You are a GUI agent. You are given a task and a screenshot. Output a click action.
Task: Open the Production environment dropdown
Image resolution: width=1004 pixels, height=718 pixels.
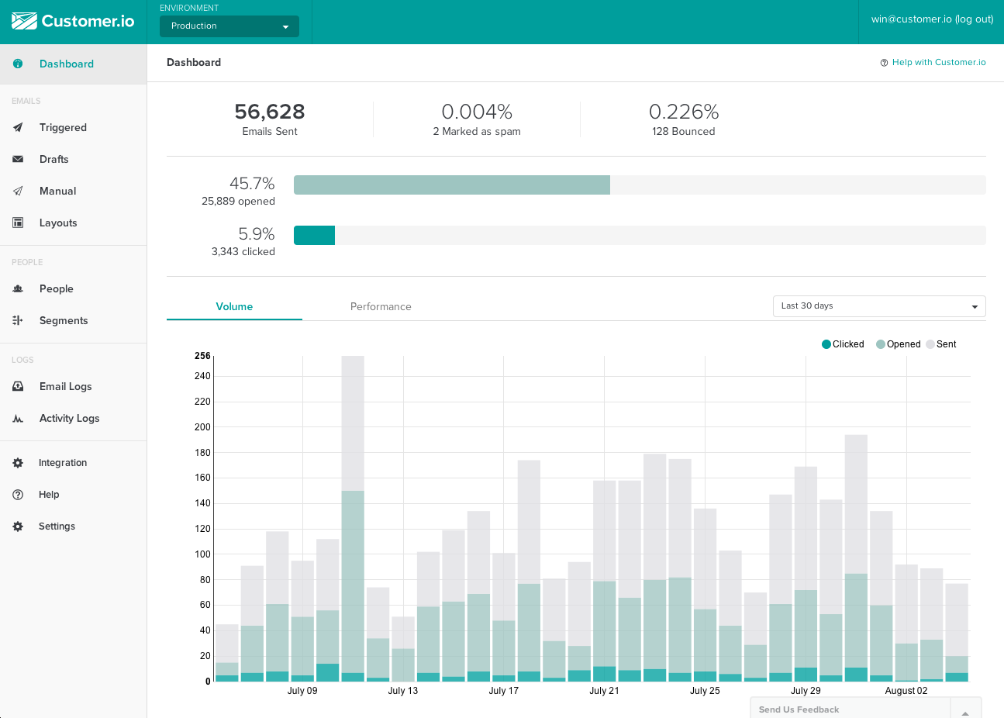tap(229, 26)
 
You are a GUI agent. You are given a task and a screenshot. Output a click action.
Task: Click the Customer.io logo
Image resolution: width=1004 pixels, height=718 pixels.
tap(73, 21)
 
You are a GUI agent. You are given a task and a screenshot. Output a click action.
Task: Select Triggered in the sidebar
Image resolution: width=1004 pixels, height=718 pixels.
tap(63, 128)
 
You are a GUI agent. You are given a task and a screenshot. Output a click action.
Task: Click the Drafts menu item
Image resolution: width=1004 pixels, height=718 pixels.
tap(53, 160)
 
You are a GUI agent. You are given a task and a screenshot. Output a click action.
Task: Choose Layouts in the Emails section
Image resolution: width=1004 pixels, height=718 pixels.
tap(58, 223)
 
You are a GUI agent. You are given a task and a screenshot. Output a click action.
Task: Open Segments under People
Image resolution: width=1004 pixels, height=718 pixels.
tap(63, 321)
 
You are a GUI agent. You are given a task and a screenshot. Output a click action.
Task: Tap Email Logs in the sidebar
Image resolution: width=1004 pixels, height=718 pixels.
tap(65, 387)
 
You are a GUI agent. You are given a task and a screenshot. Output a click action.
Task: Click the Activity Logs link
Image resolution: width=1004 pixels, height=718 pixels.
tap(69, 419)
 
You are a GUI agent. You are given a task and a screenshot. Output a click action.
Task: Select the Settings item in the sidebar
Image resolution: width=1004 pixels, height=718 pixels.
tap(57, 526)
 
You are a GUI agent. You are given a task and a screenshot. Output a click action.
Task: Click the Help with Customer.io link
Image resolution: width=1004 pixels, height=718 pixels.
tap(938, 63)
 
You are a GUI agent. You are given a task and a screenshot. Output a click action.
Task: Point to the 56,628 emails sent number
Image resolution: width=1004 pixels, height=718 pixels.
tap(269, 112)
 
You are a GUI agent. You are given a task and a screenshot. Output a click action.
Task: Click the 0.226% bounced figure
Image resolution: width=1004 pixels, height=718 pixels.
tap(683, 112)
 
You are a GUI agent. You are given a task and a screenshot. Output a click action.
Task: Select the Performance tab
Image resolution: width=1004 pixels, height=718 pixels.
tap(381, 307)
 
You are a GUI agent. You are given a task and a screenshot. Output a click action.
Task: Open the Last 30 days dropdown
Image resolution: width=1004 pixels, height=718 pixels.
tap(878, 306)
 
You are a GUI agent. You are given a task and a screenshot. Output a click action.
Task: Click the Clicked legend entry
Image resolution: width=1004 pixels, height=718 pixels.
tap(843, 344)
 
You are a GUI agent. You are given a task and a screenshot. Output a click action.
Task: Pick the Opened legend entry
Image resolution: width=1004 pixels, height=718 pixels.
tap(899, 344)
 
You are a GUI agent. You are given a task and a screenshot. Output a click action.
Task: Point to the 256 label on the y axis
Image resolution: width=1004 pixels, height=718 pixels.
tap(202, 356)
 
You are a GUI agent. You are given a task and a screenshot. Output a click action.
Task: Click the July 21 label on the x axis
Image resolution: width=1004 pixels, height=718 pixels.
tap(604, 691)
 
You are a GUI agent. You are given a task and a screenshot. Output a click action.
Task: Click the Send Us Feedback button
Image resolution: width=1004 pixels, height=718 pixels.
tap(799, 709)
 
